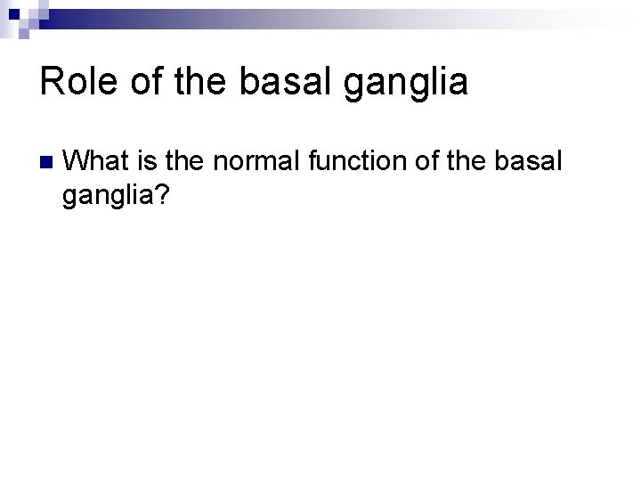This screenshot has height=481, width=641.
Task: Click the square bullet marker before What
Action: click(46, 162)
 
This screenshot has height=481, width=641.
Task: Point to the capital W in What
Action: click(78, 161)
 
